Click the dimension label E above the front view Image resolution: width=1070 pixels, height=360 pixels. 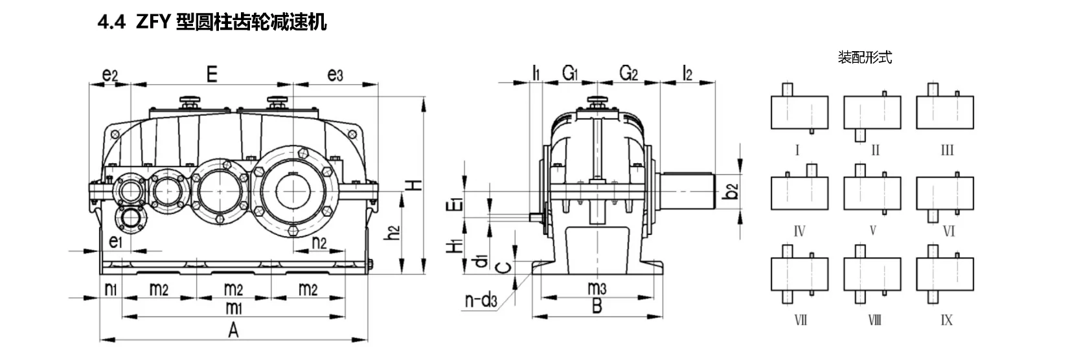click(x=212, y=74)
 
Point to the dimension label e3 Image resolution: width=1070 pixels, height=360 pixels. click(x=335, y=75)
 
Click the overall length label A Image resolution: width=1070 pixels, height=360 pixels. click(x=233, y=330)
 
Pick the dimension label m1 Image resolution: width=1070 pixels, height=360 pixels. click(x=233, y=308)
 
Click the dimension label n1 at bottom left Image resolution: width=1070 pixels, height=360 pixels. click(x=110, y=289)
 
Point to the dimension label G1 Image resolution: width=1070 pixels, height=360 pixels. click(x=570, y=74)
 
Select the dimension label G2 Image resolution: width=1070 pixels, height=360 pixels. click(x=628, y=74)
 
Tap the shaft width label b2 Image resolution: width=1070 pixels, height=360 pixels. click(x=731, y=192)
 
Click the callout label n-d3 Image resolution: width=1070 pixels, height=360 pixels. click(x=481, y=300)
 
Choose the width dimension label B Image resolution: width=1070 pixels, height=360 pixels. click(x=597, y=306)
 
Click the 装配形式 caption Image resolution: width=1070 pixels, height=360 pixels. click(x=865, y=58)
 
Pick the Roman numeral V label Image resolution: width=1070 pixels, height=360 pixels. click(x=872, y=231)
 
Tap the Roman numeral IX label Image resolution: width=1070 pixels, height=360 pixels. click(x=946, y=321)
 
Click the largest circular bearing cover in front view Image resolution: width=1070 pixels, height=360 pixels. click(x=299, y=188)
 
